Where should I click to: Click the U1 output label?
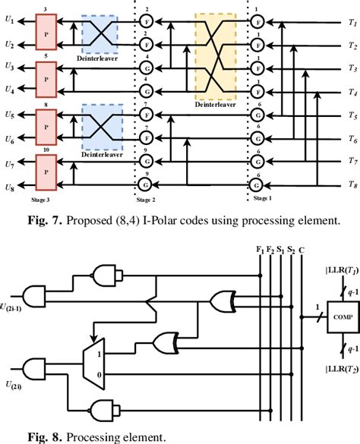9,23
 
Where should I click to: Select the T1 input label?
352,23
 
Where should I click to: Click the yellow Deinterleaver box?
216,59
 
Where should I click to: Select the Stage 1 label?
261,195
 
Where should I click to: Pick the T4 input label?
352,92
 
